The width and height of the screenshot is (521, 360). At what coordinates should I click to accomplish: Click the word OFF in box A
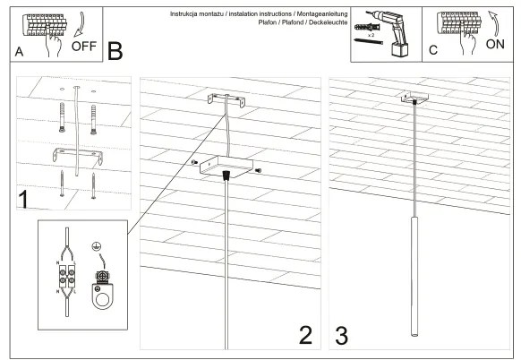(83, 45)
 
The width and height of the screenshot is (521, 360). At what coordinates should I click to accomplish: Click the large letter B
(115, 51)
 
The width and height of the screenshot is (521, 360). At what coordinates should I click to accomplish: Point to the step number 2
(304, 334)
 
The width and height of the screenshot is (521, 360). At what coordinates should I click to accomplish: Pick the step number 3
(342, 334)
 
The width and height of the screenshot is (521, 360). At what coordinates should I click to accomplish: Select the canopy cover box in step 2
(224, 166)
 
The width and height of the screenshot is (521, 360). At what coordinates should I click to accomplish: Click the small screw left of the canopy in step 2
(194, 161)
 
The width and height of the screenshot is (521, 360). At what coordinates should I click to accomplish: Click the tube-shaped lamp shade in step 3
(415, 273)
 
